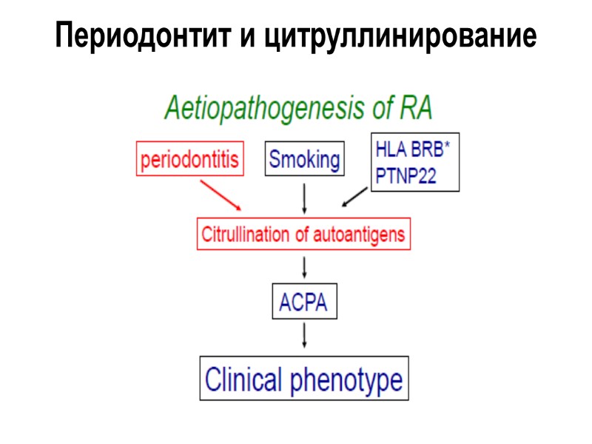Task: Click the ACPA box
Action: click(x=304, y=302)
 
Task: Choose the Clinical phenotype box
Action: click(x=304, y=380)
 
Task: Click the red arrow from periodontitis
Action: click(x=221, y=195)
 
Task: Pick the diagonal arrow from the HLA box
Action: click(x=355, y=197)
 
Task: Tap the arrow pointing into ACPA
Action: click(x=305, y=266)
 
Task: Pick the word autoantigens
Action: click(x=360, y=235)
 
